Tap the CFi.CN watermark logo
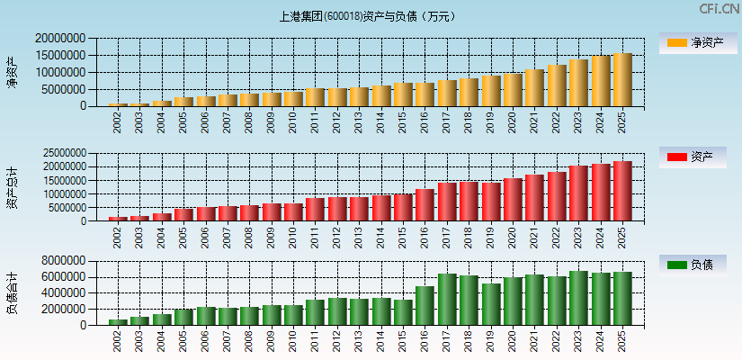pos(719,9)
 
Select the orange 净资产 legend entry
pos(693,42)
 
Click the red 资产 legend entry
pos(693,157)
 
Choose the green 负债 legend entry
pos(693,265)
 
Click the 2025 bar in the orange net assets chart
pos(622,80)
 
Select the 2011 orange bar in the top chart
pos(315,97)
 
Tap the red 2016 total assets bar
pos(425,205)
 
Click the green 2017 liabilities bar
pos(447,300)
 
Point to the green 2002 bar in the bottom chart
pos(118,322)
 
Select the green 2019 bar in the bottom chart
pos(490,304)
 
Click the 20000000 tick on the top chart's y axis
pos(61,39)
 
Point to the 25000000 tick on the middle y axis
pos(61,153)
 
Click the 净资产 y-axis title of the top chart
pos(13,72)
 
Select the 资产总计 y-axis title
pos(13,187)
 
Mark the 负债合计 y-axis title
pos(13,292)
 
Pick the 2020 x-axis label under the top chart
pos(513,121)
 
